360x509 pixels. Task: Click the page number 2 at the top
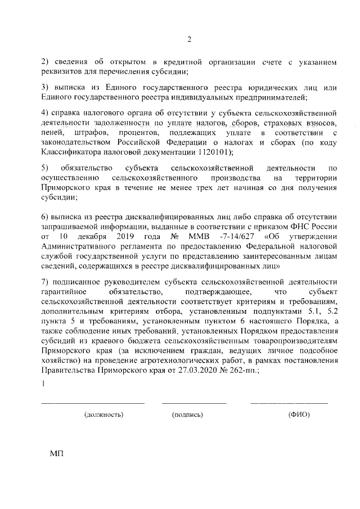190,39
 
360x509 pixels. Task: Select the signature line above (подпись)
194,403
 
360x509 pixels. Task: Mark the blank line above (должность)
93,403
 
